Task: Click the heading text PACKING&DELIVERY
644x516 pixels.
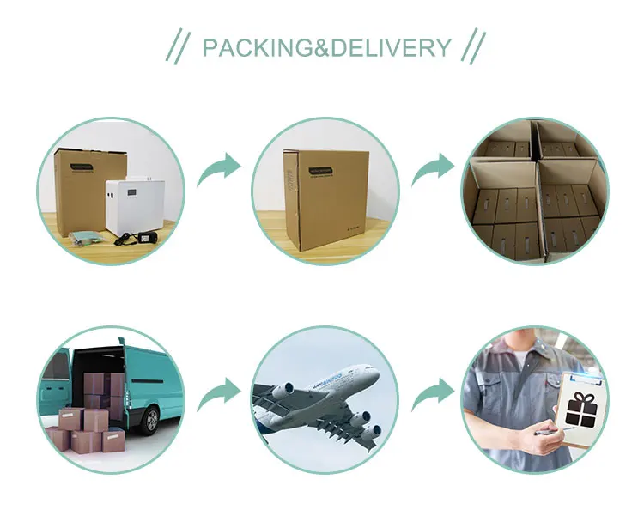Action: point(326,47)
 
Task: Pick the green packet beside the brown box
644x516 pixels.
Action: point(87,237)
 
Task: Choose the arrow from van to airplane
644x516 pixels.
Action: point(220,395)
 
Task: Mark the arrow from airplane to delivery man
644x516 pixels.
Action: point(434,395)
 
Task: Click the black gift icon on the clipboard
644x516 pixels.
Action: point(583,407)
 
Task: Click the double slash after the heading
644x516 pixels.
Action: point(475,47)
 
